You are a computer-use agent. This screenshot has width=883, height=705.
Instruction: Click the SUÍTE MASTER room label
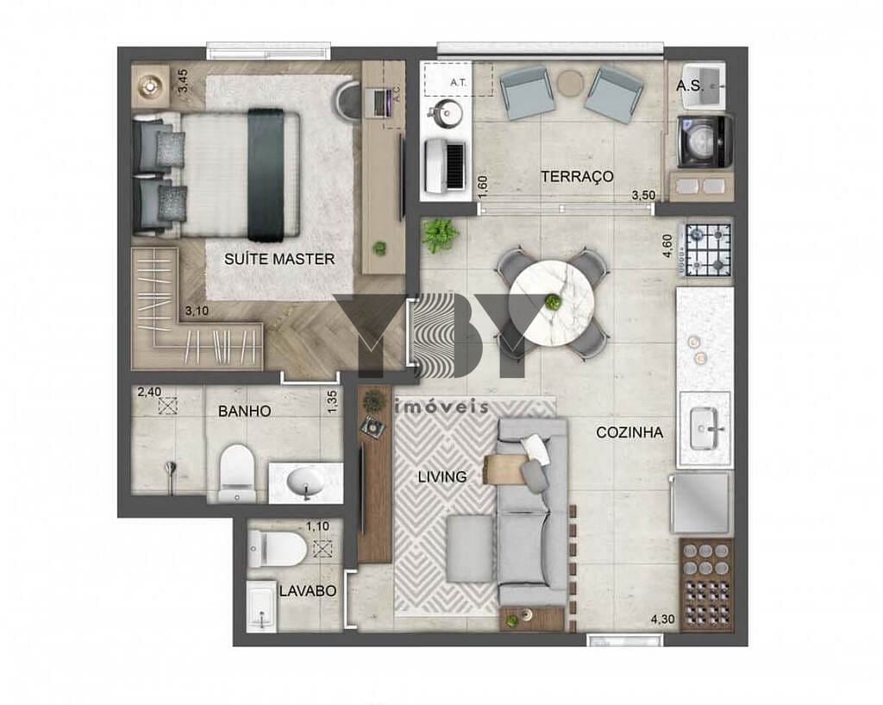[279, 259]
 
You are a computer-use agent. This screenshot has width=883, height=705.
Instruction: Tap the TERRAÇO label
[577, 176]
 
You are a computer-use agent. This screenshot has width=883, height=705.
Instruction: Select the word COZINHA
[629, 432]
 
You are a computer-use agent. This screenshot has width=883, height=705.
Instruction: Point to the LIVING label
[442, 476]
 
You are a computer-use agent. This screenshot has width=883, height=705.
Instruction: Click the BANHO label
[244, 412]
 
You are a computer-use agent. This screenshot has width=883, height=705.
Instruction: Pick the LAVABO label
[307, 592]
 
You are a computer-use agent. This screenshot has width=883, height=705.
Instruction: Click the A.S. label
[687, 85]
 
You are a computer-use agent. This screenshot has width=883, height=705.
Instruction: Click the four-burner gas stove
[706, 249]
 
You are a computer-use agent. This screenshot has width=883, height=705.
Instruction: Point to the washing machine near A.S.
[705, 142]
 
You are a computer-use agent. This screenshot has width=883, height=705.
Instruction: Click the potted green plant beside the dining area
[441, 235]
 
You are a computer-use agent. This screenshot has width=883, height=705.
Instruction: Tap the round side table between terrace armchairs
[570, 83]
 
